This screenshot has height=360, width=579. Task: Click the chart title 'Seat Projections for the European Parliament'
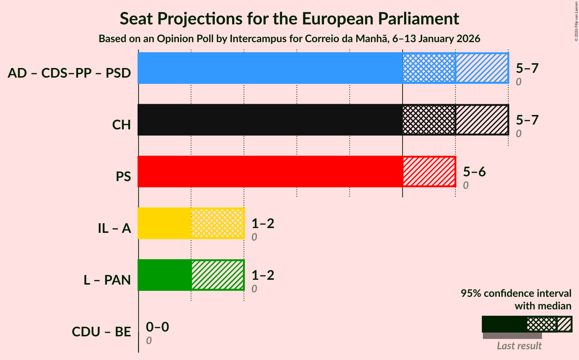coord(289,18)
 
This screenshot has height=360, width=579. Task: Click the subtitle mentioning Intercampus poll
coord(289,39)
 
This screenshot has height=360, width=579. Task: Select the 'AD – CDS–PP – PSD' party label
coord(70,73)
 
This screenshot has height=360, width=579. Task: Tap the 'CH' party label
coord(122,125)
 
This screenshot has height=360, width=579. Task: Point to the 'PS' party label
coord(123,177)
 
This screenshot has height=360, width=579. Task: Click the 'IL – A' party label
coord(114,228)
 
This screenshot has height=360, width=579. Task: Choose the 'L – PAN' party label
coord(107,280)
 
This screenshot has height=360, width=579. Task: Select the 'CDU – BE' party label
coord(101,332)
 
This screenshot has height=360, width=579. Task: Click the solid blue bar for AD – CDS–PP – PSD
coord(270,68)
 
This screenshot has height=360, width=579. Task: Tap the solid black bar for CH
coord(270,120)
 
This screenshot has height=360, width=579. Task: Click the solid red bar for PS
coord(270,171)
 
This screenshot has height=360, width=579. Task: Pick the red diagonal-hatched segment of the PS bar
coord(429,171)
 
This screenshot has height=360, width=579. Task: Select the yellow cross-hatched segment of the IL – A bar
coord(217,223)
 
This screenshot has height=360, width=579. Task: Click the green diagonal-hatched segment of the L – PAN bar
coord(217,275)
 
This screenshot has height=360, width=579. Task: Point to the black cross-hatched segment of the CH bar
coord(429,120)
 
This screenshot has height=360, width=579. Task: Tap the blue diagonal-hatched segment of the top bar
coord(482,68)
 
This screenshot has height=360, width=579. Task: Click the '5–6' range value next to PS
coord(474,171)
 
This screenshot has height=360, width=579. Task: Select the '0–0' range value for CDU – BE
coord(158,327)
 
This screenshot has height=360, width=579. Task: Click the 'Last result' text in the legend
coord(519,346)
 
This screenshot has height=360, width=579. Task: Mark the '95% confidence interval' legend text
coord(516,293)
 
